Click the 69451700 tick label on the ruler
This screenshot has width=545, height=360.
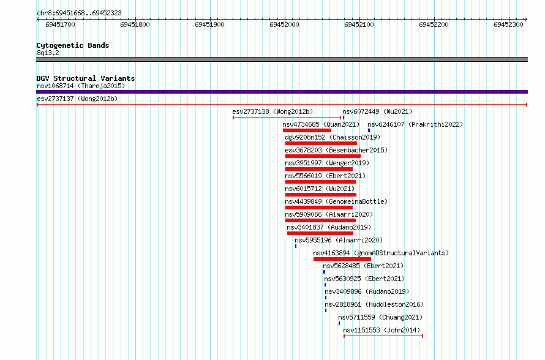(60, 24)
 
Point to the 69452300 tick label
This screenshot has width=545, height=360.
(508, 24)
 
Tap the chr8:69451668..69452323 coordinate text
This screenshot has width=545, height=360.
(79, 13)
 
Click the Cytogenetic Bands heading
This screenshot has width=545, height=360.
(73, 45)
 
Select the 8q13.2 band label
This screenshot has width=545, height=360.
(48, 53)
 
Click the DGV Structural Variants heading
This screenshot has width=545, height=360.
(86, 78)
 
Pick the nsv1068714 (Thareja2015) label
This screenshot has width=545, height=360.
(81, 86)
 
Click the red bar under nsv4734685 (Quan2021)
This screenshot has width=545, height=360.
(307, 130)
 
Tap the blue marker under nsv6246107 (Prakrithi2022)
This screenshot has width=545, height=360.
(369, 130)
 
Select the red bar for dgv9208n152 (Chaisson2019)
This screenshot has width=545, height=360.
(321, 143)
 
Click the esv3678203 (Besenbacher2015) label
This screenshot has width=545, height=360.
(336, 150)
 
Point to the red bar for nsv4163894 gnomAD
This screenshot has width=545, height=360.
(342, 259)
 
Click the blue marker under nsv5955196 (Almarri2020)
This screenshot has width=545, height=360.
(296, 246)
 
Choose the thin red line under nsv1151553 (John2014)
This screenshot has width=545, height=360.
(383, 336)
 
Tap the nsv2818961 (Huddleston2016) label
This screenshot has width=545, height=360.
(374, 304)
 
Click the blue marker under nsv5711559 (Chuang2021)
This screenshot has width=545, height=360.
(339, 323)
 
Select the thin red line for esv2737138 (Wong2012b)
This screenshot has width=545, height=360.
(287, 118)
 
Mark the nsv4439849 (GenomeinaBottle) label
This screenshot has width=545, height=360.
(336, 201)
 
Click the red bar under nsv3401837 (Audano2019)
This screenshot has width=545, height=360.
(320, 233)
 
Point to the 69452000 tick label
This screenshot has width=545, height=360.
(284, 24)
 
